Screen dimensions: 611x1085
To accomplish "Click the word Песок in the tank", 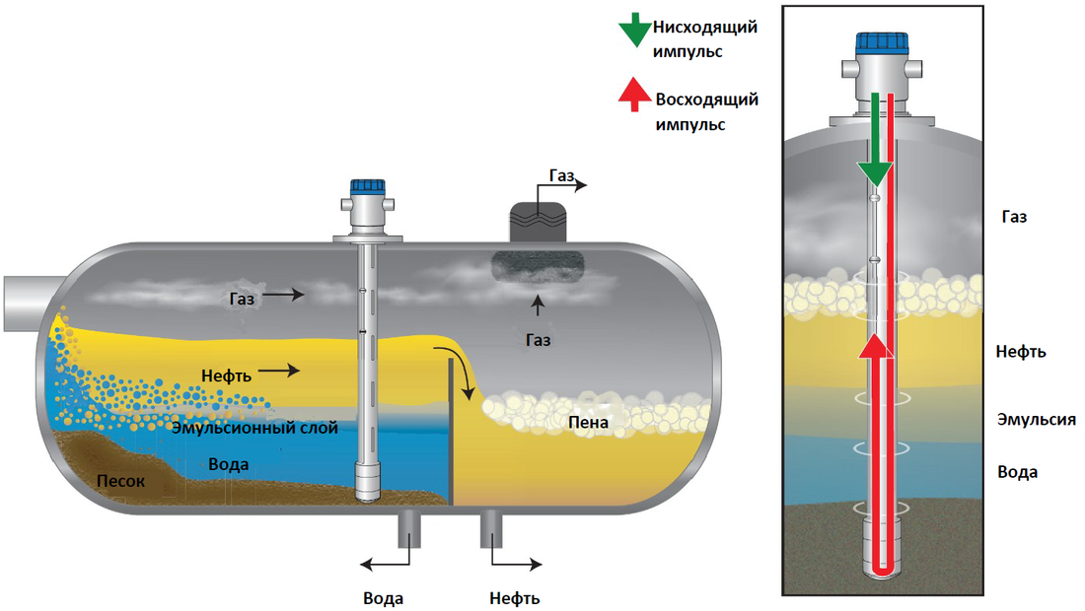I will pos(121,482).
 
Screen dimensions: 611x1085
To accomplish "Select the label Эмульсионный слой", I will pos(254,429).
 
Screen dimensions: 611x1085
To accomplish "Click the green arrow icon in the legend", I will pos(631,32).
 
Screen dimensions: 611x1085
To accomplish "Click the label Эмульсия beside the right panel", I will pos(1036,420).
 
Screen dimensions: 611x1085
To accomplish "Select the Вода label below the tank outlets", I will pos(383,598).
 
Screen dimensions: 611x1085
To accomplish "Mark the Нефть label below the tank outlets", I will pos(514,598).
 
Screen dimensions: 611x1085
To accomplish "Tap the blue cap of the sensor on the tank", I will pos(367,185).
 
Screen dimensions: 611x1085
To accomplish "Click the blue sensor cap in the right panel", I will pos(882,43).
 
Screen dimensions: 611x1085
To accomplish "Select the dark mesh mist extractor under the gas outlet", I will pos(539,266).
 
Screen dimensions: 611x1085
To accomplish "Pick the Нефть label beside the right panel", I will pos(1021,352).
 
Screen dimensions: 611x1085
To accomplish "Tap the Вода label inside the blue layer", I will pos(228,464).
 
